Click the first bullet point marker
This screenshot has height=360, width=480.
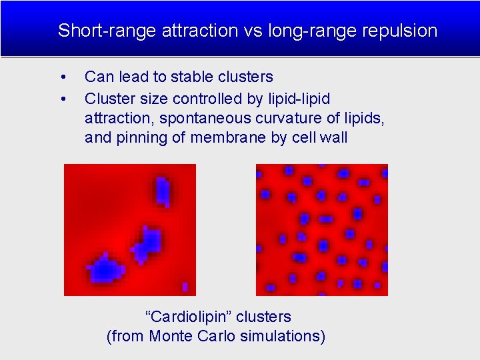[62, 77]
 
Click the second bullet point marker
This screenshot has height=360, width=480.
[62, 99]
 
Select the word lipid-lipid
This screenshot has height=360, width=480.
[297, 99]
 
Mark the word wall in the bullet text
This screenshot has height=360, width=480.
[333, 139]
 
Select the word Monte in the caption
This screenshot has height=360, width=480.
[171, 336]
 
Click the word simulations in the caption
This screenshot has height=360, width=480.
[280, 336]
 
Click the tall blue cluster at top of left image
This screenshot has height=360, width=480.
[162, 191]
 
